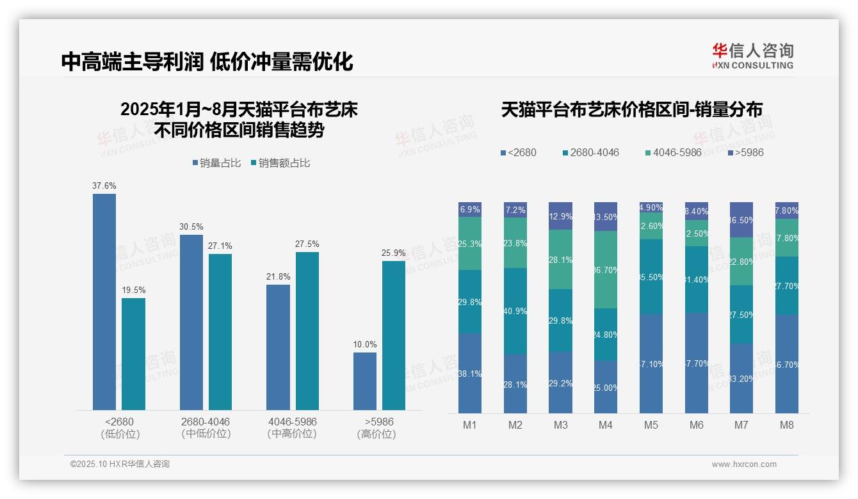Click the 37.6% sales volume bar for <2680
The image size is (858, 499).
pyautogui.click(x=104, y=301)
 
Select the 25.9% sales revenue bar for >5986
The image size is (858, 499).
pyautogui.click(x=394, y=335)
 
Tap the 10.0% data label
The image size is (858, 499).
pyautogui.click(x=365, y=344)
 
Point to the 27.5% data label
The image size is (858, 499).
pyautogui.click(x=307, y=244)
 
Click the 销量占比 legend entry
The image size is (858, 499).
pyautogui.click(x=216, y=163)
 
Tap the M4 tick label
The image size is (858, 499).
pyautogui.click(x=606, y=425)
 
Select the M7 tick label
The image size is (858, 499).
pyautogui.click(x=741, y=425)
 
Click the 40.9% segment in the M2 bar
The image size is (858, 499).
pyautogui.click(x=515, y=311)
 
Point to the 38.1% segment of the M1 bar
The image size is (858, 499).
pyautogui.click(x=470, y=373)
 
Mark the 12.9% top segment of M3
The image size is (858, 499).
pyautogui.click(x=560, y=216)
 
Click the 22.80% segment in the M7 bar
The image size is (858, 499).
pyautogui.click(x=741, y=261)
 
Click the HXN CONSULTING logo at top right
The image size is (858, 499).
pyautogui.click(x=752, y=56)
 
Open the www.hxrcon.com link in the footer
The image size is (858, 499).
pyautogui.click(x=744, y=464)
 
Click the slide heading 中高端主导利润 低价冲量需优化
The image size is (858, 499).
pyautogui.click(x=207, y=62)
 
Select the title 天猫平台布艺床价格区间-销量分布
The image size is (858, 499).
pyautogui.click(x=631, y=109)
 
